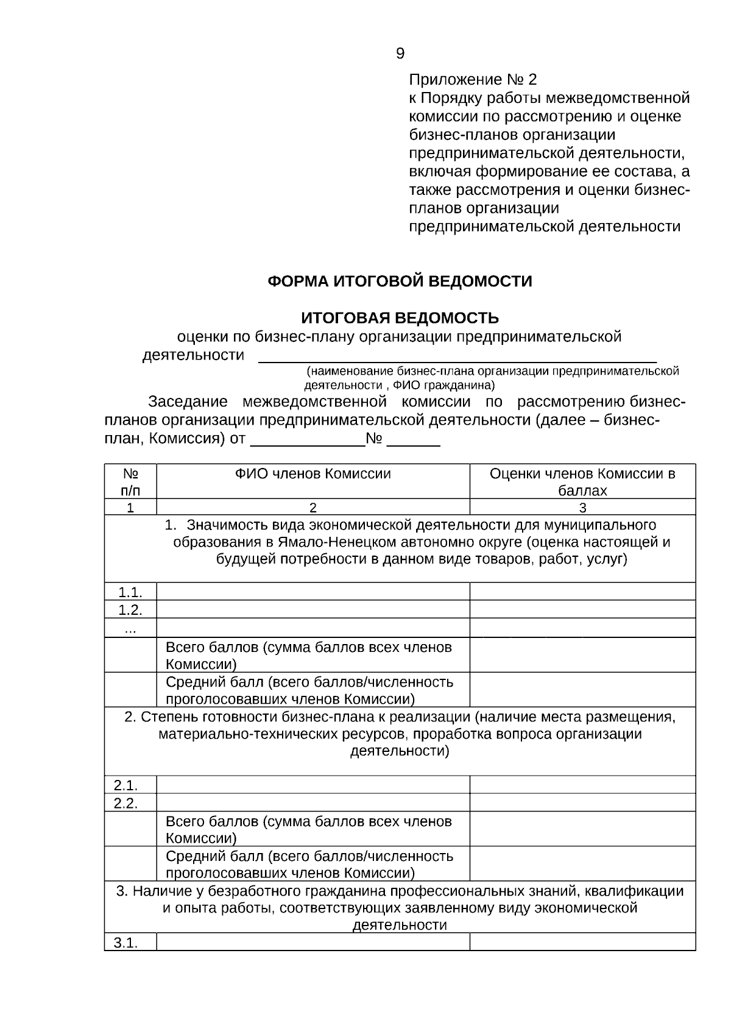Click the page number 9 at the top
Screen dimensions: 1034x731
[400, 54]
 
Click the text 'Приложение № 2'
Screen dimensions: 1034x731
[473, 80]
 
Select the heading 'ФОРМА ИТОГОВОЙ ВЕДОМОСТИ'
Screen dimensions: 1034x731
[400, 282]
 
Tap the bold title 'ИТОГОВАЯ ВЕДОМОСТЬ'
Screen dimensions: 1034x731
[400, 318]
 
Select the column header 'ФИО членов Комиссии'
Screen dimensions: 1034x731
[313, 473]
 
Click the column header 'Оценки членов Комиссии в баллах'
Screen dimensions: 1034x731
[582, 481]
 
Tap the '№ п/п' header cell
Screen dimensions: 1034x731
[130, 481]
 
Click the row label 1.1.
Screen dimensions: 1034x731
[130, 592]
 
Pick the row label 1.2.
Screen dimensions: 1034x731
[130, 609]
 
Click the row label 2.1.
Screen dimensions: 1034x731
[126, 785]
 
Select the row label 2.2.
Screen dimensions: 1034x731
[126, 802]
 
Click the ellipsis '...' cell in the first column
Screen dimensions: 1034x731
[130, 629]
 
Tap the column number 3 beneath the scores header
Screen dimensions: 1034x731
[582, 508]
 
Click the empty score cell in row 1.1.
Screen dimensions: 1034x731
[582, 592]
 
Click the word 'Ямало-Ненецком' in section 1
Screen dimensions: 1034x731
[325, 542]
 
